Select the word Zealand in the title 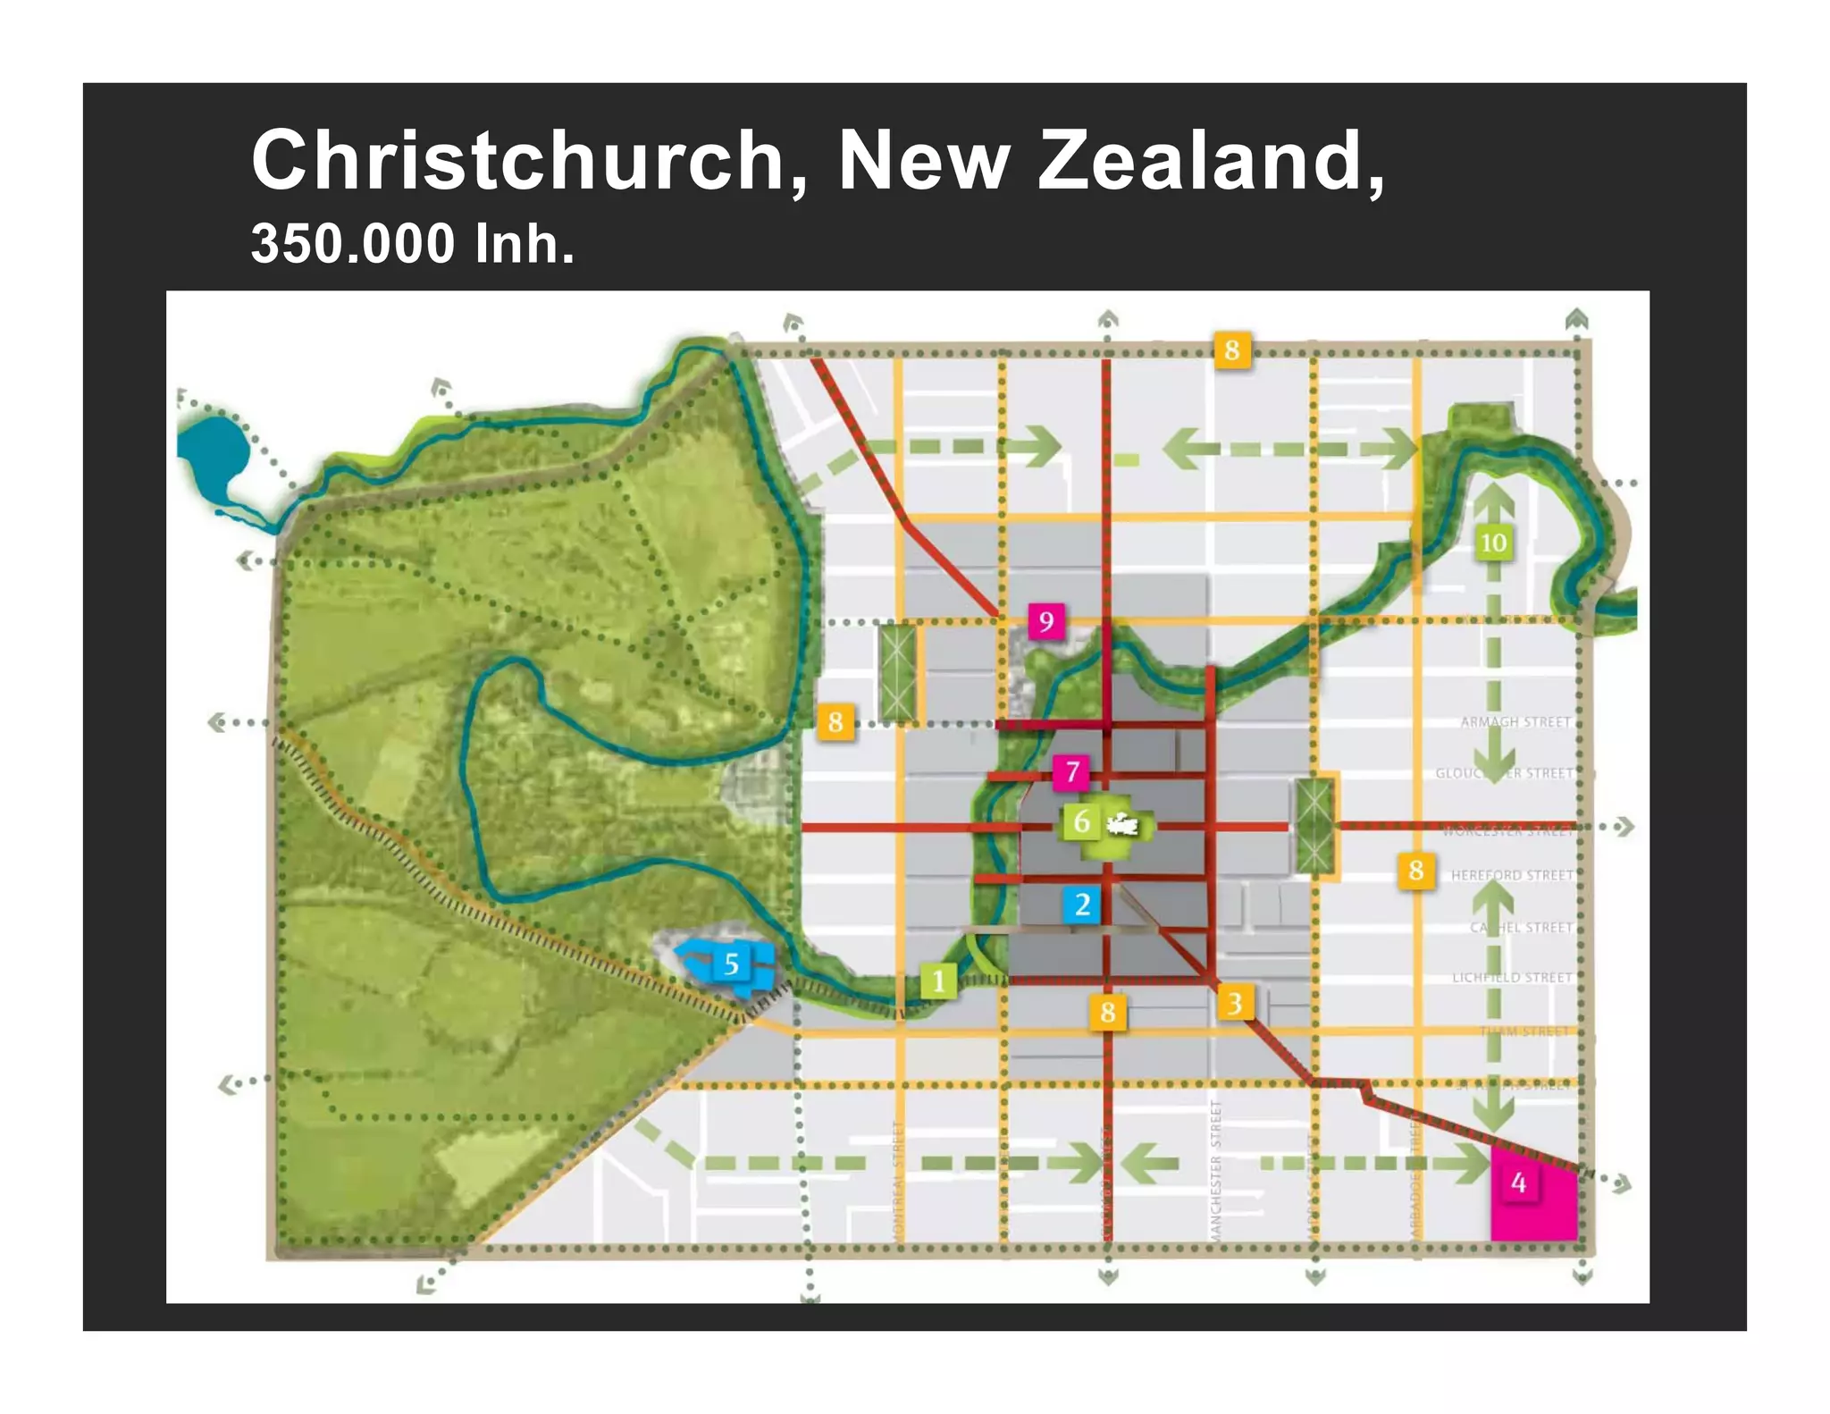point(1211,161)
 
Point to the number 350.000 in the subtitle point(353,243)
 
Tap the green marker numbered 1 point(938,981)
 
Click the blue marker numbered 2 point(1082,905)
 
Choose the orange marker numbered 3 point(1234,1003)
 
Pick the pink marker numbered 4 point(1518,1183)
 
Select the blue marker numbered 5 point(732,964)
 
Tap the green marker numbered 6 point(1081,821)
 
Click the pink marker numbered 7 point(1072,771)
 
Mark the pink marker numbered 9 point(1046,621)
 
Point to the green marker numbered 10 point(1493,543)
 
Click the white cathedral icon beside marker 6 point(1122,823)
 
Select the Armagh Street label point(1515,721)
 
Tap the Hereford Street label point(1512,875)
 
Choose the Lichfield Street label point(1512,978)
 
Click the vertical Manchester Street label point(1215,1171)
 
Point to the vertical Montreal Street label point(898,1180)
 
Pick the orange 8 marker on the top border point(1232,349)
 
